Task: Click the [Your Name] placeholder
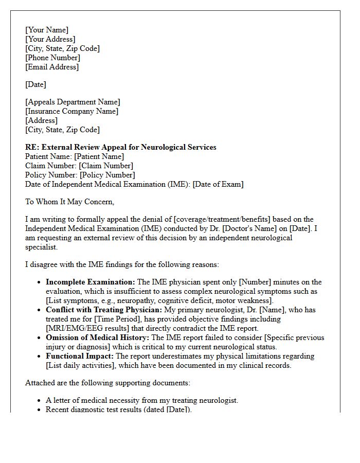(47, 30)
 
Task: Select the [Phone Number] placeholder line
(52, 58)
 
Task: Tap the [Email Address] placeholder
(52, 67)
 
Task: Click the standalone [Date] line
(35, 84)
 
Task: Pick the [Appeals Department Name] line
(73, 102)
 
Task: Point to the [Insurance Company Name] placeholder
(71, 111)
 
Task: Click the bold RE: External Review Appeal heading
(121, 147)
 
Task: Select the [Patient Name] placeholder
(99, 156)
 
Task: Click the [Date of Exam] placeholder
(218, 184)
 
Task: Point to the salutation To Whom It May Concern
(70, 202)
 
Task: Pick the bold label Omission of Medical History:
(98, 337)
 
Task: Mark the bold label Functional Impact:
(80, 356)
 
